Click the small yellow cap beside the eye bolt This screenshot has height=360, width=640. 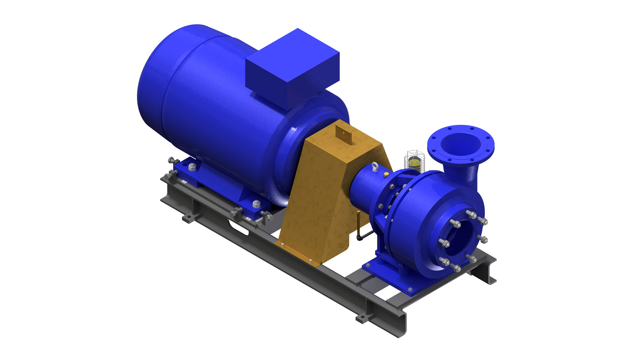tap(386, 175)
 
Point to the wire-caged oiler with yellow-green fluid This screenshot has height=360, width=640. tap(416, 162)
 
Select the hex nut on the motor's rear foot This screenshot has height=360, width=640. tap(192, 166)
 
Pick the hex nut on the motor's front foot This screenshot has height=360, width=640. tap(256, 204)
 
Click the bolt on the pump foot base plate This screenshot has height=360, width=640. tap(410, 289)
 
